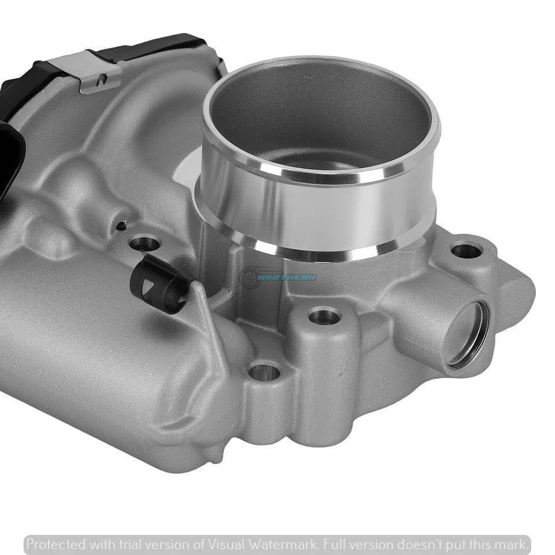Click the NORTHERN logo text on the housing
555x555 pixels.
(287, 277)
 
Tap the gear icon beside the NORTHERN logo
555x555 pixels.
(250, 276)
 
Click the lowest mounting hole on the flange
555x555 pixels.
(264, 371)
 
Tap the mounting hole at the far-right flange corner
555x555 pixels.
(466, 250)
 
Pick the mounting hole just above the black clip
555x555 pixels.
(144, 243)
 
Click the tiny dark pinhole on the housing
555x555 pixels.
(121, 225)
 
